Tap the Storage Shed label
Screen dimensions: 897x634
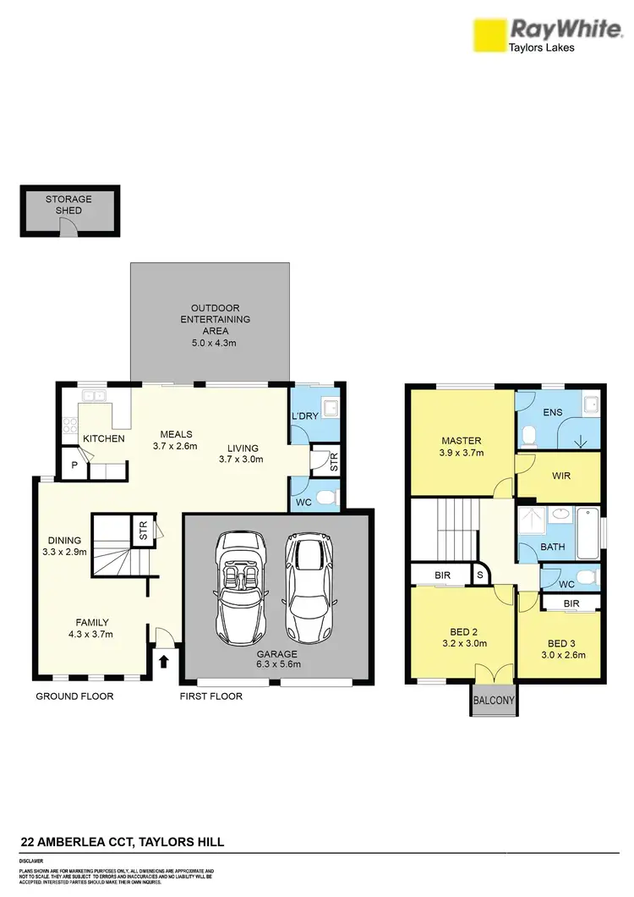(69, 205)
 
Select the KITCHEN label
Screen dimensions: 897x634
(104, 438)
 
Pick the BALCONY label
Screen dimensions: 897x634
(494, 701)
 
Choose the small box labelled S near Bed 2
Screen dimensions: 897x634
(480, 575)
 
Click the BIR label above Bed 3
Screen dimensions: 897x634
(571, 603)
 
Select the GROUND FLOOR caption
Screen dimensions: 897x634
(74, 696)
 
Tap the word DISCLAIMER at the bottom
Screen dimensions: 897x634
(32, 860)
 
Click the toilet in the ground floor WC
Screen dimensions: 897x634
(331, 496)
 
